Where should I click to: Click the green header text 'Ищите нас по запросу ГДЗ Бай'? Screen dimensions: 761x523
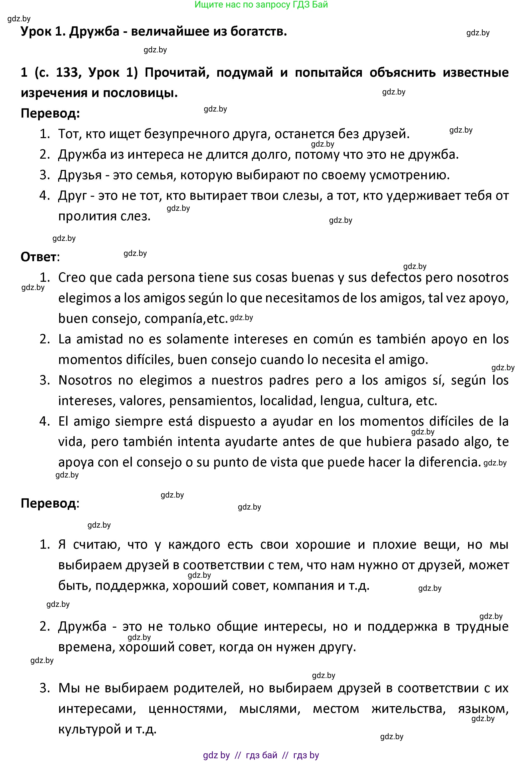[261, 5]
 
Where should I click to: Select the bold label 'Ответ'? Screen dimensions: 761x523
[39, 257]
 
